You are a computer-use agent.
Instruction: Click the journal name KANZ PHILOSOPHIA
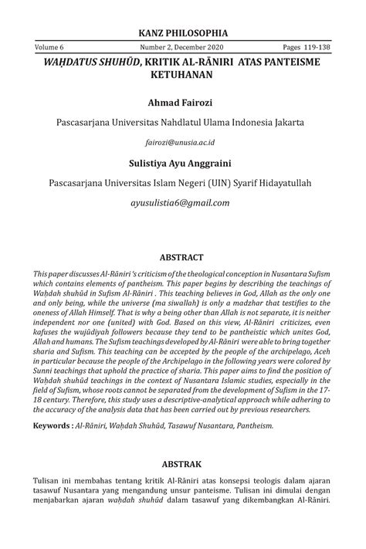182,33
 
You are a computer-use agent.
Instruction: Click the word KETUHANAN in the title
183,76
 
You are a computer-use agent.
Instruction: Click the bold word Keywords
53,425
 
